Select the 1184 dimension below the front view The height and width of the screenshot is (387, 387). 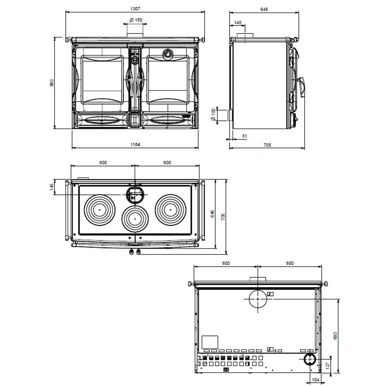[135, 144]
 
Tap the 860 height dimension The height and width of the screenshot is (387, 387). [52, 82]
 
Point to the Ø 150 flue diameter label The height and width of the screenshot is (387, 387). [135, 20]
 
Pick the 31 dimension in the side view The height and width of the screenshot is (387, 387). [245, 136]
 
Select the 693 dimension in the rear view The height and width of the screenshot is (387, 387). [335, 335]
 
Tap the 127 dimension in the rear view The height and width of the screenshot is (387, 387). [328, 365]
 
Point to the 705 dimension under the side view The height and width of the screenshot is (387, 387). [267, 145]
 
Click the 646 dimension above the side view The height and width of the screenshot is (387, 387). [264, 9]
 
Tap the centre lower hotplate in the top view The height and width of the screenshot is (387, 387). [135, 219]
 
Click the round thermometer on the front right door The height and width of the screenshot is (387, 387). [166, 53]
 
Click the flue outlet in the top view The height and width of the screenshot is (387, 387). [135, 195]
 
